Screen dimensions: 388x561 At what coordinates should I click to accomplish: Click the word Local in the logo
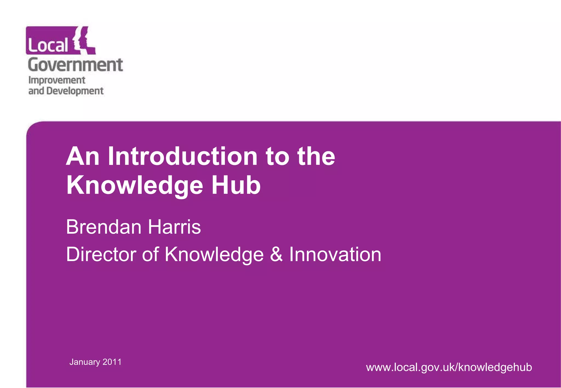pyautogui.click(x=48, y=45)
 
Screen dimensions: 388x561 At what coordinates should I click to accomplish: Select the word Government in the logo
pyautogui.click(x=75, y=65)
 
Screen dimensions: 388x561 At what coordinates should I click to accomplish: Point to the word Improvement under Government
pyautogui.click(x=57, y=80)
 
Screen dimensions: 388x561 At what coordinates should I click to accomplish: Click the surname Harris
pyautogui.click(x=174, y=227)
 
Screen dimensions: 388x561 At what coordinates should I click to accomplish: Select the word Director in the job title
pyautogui.click(x=101, y=254)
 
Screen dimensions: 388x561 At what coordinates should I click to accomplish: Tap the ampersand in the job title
pyautogui.click(x=276, y=254)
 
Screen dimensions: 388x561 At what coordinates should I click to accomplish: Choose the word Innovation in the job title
pyautogui.click(x=335, y=254)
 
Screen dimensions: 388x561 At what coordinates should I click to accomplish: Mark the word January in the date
pyautogui.click(x=85, y=362)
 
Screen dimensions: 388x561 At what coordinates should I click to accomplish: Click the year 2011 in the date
pyautogui.click(x=112, y=362)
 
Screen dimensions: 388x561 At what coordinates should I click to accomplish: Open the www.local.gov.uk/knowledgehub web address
pyautogui.click(x=449, y=367)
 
